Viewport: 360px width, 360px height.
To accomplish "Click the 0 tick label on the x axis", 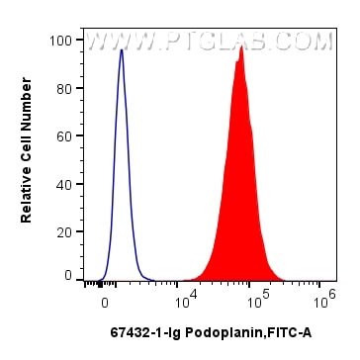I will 104,298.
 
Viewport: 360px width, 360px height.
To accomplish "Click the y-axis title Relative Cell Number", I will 27,158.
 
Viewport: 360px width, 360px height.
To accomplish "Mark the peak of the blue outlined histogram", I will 121,50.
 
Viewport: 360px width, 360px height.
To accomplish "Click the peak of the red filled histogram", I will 240,46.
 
